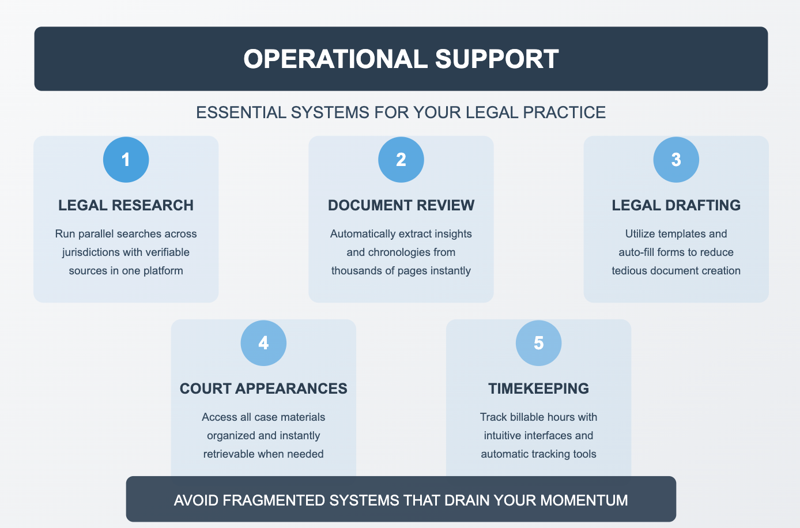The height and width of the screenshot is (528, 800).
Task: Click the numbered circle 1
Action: [x=126, y=160]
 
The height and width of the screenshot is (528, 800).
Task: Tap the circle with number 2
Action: [x=401, y=160]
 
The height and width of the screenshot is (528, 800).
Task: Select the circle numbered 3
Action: [x=676, y=160]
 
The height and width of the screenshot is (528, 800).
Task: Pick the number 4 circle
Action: [x=263, y=343]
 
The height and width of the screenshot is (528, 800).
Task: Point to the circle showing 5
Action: [x=538, y=343]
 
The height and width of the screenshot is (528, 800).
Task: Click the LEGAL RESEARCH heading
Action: [x=126, y=205]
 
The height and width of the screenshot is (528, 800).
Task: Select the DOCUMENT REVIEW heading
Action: [x=401, y=205]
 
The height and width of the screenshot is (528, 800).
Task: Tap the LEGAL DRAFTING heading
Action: [x=676, y=205]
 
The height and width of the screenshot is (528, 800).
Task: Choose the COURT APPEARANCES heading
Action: [x=263, y=389]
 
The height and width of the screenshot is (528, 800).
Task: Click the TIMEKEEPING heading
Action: [x=538, y=389]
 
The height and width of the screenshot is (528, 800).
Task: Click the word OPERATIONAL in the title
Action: [x=335, y=59]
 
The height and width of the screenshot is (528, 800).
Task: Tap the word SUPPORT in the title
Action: [x=497, y=59]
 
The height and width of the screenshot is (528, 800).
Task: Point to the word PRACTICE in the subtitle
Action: [x=564, y=112]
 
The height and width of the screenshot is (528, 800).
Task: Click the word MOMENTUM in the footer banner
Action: [x=584, y=500]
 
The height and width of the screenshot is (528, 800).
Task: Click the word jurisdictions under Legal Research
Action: [x=90, y=252]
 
